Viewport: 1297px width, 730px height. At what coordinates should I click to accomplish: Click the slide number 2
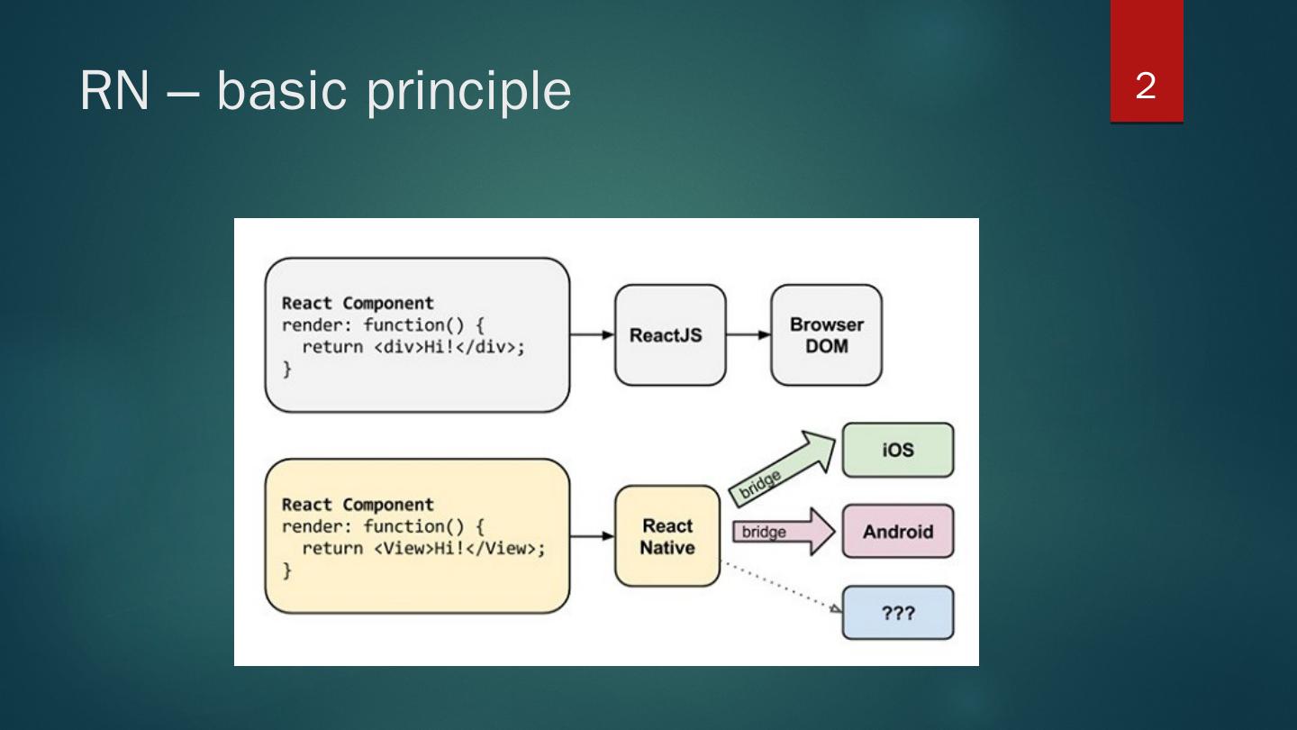1146,87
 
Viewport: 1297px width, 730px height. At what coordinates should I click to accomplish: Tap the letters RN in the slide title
114,91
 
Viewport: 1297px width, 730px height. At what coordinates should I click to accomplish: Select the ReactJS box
669,335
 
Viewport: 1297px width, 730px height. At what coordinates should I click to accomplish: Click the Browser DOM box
826,335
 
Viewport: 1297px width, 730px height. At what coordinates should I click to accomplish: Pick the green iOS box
897,450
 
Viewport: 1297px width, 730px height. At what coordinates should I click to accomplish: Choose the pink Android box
897,532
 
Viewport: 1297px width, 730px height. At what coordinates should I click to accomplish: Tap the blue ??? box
897,613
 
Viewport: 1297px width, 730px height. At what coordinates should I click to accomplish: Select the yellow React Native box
667,536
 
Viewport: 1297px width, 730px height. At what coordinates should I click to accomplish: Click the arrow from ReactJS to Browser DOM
748,335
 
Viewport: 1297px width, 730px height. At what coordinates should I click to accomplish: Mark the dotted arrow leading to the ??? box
780,586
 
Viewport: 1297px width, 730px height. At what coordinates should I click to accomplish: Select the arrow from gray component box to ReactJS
592,335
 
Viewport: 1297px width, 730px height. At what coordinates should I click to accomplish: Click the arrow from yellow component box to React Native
592,536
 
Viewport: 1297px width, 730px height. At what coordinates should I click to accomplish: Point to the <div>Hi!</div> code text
449,347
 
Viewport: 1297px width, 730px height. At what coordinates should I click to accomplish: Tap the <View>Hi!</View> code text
459,549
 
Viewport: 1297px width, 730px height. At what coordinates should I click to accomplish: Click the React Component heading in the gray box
358,303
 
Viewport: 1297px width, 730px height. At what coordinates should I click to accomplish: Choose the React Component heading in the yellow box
358,505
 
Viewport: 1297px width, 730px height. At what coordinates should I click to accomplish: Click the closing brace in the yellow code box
287,570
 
